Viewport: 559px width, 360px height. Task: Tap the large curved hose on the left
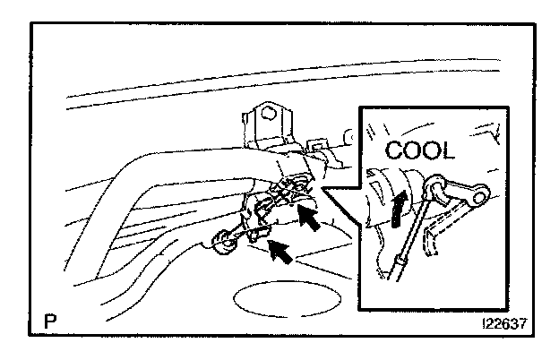coord(152,188)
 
